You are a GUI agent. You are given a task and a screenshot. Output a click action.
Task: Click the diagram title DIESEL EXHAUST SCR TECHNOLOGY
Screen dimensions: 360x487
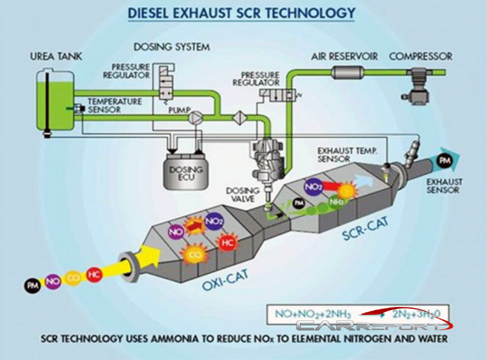pos(243,12)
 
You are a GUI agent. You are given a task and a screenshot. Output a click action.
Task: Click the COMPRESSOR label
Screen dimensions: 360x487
pos(420,57)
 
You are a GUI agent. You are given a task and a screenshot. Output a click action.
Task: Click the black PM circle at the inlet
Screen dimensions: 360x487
pos(32,284)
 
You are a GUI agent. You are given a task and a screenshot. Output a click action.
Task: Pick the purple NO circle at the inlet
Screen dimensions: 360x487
pos(53,281)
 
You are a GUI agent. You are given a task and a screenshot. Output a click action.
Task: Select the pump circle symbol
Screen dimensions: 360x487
pos(196,116)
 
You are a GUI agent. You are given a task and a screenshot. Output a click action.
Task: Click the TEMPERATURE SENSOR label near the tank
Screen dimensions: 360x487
pos(113,105)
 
